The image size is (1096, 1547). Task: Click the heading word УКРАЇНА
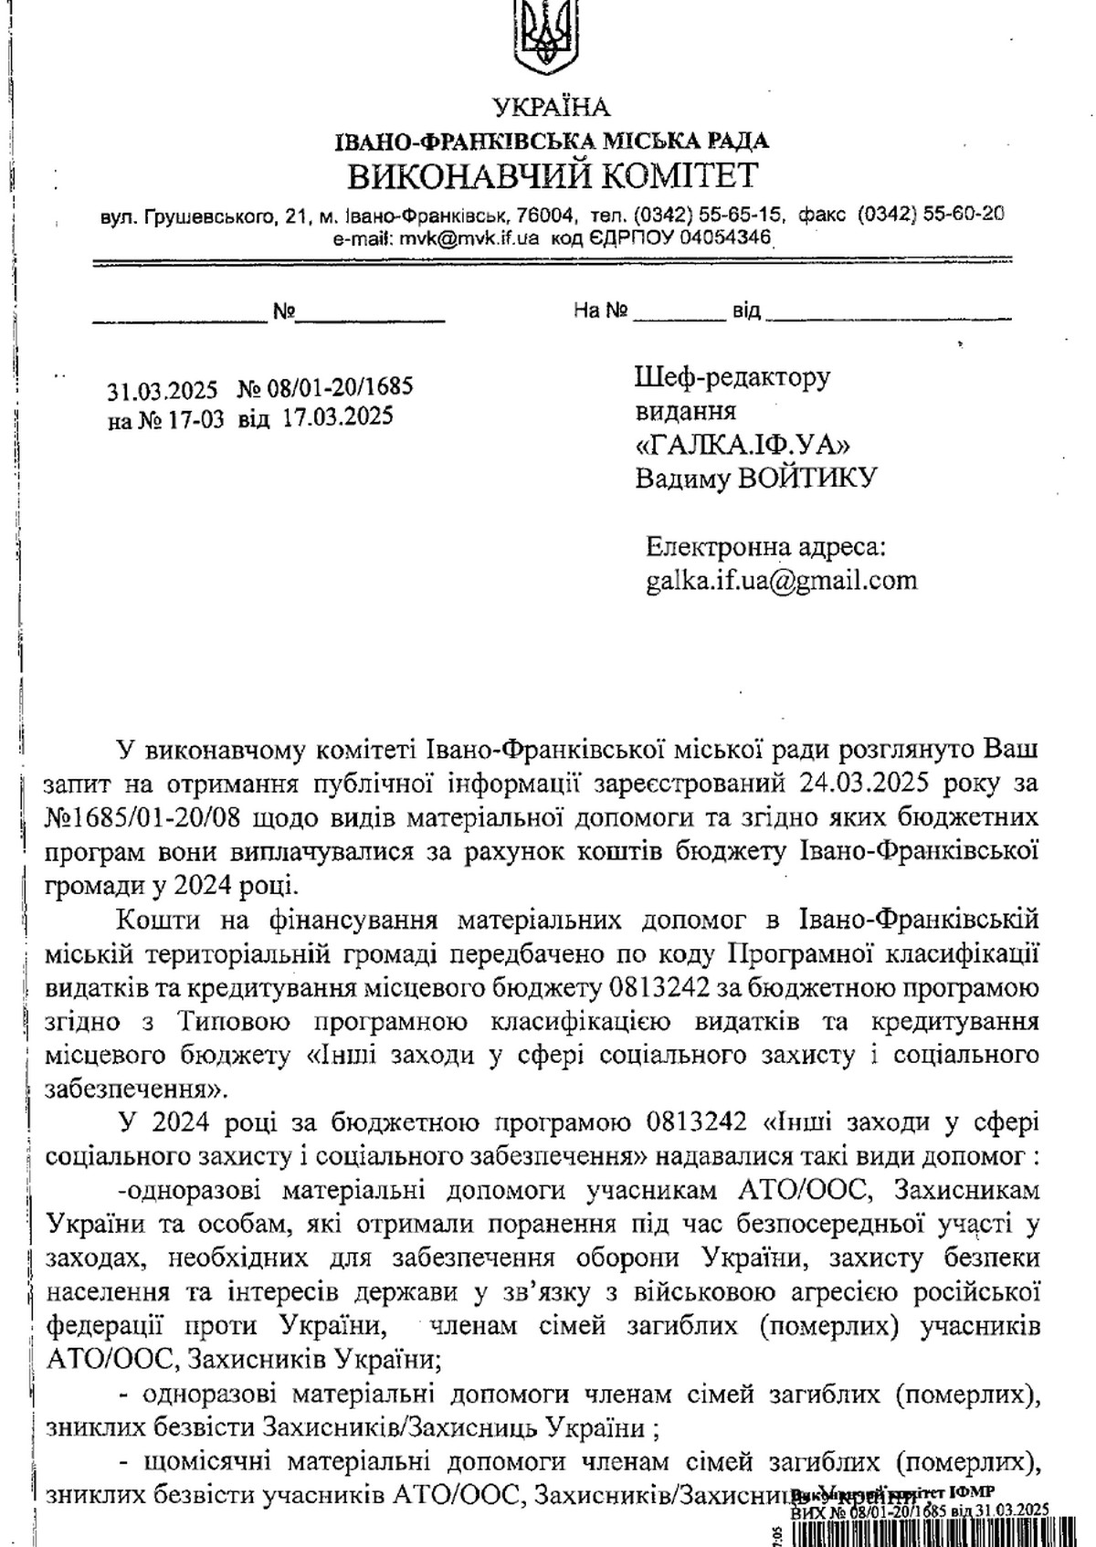(550, 108)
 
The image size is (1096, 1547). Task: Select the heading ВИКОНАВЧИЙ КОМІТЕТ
(553, 174)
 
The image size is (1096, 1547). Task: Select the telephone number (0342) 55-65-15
(707, 216)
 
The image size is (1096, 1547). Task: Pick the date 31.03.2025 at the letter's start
(163, 390)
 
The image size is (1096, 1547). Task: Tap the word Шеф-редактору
(732, 377)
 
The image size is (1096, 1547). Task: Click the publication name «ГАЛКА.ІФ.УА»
(743, 444)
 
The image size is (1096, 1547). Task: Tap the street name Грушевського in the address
(211, 216)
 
